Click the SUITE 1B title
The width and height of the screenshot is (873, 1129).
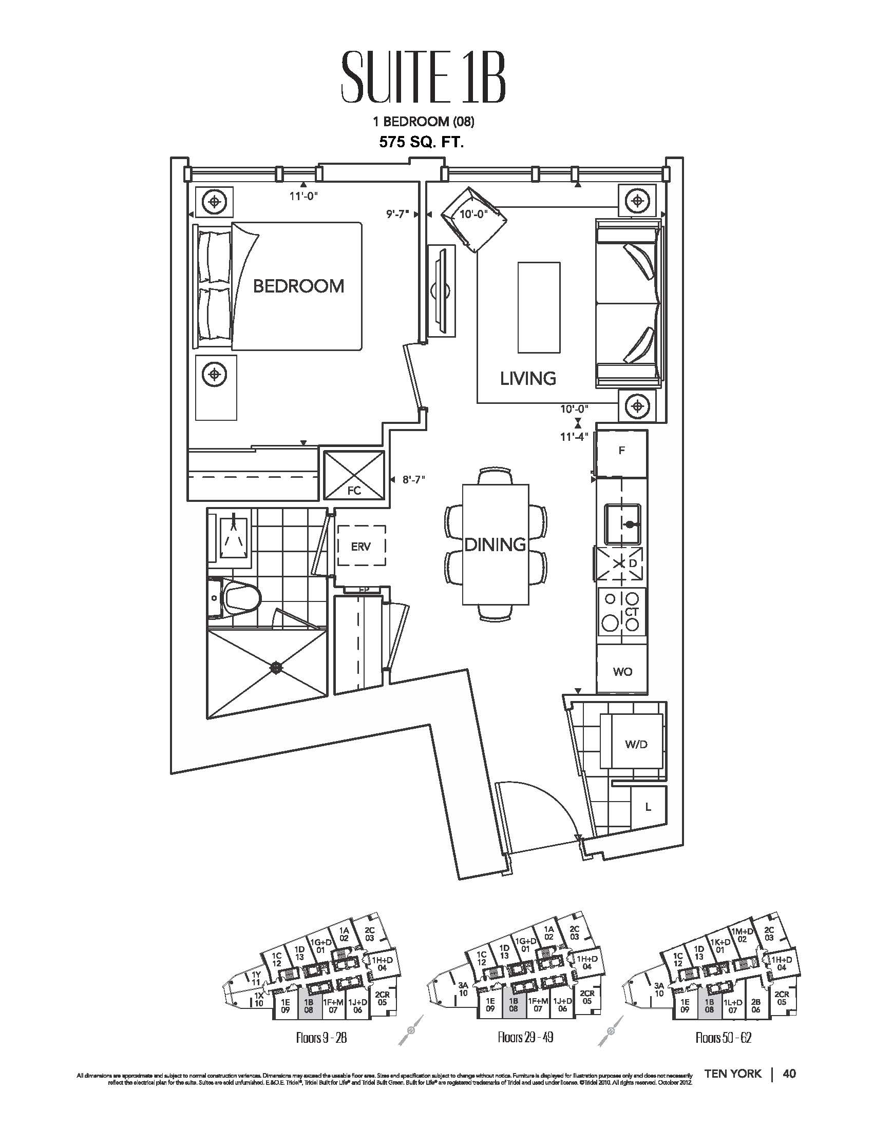point(423,83)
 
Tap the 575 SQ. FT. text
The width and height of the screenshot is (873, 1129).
point(422,143)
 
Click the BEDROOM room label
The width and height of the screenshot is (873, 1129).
point(298,286)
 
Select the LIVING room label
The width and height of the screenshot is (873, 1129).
point(528,378)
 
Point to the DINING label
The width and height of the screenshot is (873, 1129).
point(495,544)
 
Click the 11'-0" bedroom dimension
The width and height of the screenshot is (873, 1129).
point(303,196)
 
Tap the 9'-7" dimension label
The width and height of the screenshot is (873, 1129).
point(398,214)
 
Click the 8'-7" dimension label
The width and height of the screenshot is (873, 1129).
point(413,479)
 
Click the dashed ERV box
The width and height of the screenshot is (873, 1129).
point(361,546)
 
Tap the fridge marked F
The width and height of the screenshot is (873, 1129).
point(622,451)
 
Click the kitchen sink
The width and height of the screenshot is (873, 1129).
point(623,524)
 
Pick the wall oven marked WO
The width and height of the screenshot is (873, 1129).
point(622,671)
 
